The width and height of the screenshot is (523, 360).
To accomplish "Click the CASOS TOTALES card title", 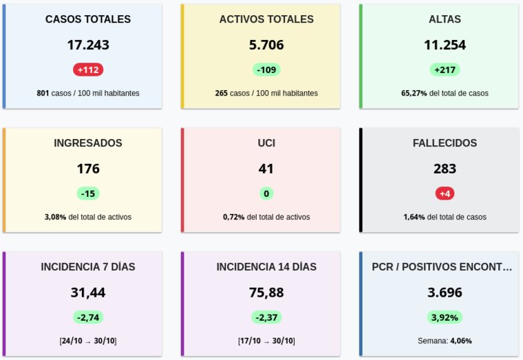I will point(87,19).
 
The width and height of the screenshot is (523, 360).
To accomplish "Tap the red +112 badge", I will point(88,70).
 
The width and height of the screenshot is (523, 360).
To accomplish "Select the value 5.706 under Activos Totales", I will point(266,45).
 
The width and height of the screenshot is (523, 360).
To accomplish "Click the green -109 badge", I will point(266,70).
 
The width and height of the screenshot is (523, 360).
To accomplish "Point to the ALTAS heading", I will point(445,19).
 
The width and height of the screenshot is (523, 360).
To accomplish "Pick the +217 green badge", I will point(445,70).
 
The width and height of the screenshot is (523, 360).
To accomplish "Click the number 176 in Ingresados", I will point(88,169).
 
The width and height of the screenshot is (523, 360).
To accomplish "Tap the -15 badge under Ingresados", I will point(88,193).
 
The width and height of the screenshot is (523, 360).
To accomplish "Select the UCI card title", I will point(266,143).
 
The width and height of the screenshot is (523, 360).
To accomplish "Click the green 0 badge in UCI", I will point(266,193).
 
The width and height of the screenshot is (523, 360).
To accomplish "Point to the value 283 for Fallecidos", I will point(445,169).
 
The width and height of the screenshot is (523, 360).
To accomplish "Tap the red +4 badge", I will point(445,193).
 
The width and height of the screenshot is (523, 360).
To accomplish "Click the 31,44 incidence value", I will point(88,293).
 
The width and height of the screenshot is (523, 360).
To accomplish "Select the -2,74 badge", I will point(88,317).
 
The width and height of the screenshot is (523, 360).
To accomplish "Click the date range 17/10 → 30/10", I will point(266,341).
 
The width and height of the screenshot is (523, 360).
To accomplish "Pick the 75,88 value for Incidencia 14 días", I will point(266,293).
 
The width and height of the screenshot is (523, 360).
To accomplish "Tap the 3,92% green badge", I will point(445,317).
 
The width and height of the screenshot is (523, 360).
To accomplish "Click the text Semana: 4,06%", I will point(445,341).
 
